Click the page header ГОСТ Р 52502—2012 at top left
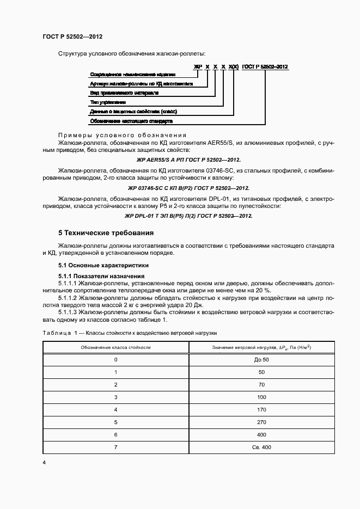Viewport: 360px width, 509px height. click(x=72, y=36)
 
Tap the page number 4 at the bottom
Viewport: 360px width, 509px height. click(x=44, y=462)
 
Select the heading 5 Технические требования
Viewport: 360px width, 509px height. click(x=106, y=233)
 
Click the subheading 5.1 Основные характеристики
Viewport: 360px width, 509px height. click(x=103, y=265)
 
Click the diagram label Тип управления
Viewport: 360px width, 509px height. click(x=108, y=102)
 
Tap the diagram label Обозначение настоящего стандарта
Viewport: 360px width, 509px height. click(x=131, y=120)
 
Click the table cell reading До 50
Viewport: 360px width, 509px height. click(x=261, y=360)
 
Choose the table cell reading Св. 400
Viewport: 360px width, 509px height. click(x=261, y=447)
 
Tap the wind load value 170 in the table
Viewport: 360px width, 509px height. click(x=261, y=409)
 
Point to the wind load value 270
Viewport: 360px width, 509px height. click(x=261, y=422)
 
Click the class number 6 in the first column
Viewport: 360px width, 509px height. click(x=115, y=434)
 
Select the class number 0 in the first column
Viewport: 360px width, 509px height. click(x=115, y=360)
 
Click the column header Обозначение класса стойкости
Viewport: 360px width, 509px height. click(x=115, y=347)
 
